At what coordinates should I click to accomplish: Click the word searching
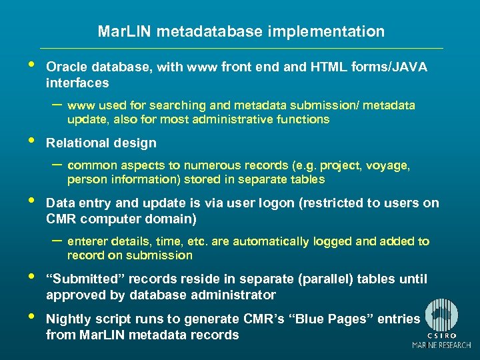[x=178, y=105]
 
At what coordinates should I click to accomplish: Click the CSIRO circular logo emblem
[x=442, y=314]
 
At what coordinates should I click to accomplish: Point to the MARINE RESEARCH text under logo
[x=441, y=345]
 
